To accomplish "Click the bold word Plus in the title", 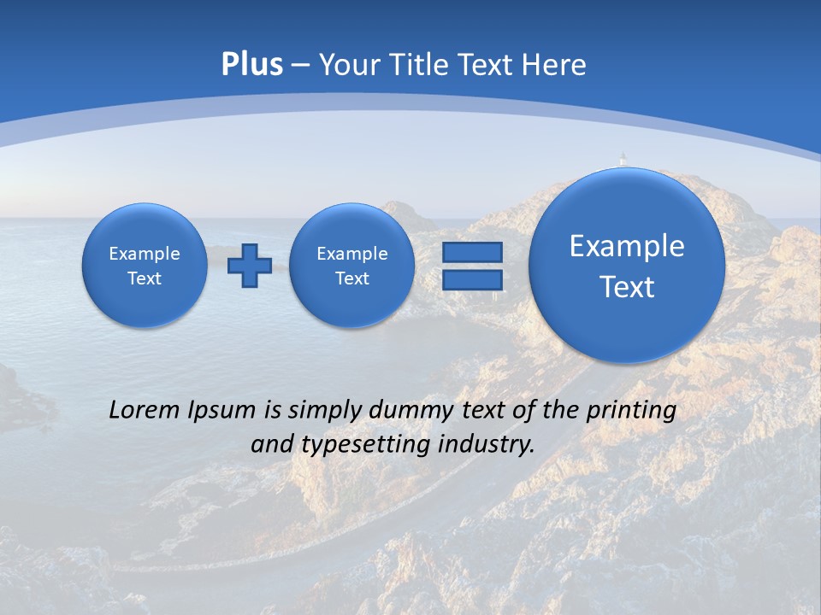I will [x=251, y=65].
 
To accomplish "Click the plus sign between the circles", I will [x=249, y=266].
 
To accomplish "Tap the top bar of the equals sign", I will [x=472, y=252].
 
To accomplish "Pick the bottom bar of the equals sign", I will [x=472, y=279].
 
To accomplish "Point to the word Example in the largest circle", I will [x=627, y=246].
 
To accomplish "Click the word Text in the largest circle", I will [x=627, y=287].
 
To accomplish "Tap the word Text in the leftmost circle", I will [x=145, y=278].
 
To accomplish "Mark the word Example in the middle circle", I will [x=351, y=254].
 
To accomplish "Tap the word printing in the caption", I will [x=631, y=410].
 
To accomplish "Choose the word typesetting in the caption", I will [x=364, y=444].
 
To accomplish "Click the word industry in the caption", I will [x=486, y=444].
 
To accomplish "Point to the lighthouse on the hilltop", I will [x=623, y=160].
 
